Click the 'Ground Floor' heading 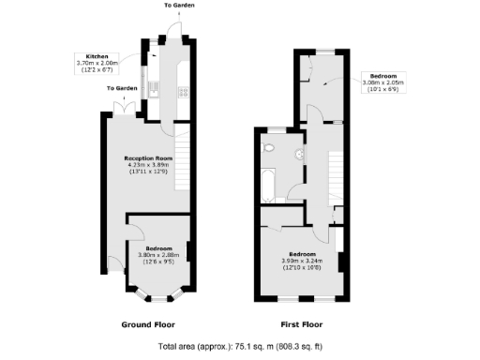pyautogui.click(x=149, y=325)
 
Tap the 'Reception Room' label pyautogui.click(x=151, y=158)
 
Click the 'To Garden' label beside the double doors pyautogui.click(x=121, y=89)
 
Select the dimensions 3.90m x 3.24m pyautogui.click(x=302, y=263)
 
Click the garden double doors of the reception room pyautogui.click(x=125, y=110)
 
